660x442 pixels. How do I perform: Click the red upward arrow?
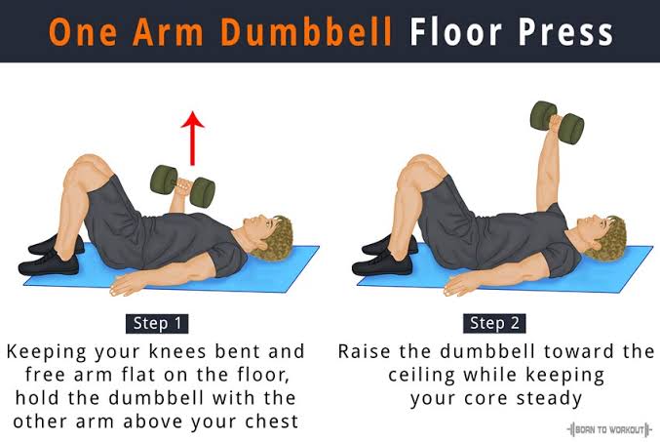tap(192, 139)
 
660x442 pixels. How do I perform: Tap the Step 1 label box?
tap(157, 324)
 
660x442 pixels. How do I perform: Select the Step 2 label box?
tap(494, 324)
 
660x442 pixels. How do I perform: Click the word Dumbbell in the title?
tap(306, 32)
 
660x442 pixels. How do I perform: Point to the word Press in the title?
tap(565, 32)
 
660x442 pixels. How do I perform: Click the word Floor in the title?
tap(456, 32)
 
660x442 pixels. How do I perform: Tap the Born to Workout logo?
tap(609, 429)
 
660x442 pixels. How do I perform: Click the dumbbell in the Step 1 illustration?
tap(182, 185)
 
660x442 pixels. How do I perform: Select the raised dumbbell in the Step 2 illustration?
tap(557, 123)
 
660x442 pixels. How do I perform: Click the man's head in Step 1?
tap(267, 236)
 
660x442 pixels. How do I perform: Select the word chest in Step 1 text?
tap(272, 422)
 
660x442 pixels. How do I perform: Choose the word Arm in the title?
tap(169, 32)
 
